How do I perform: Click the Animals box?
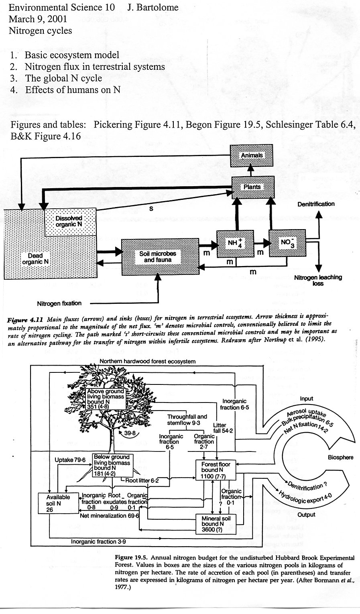[x=251, y=155]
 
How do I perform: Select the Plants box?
[x=253, y=187]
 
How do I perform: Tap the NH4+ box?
[x=235, y=244]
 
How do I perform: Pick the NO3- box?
[x=287, y=243]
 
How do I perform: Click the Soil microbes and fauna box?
[x=161, y=256]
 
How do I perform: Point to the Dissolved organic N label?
[x=69, y=221]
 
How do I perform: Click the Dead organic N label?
[x=35, y=259]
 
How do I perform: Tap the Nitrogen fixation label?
[x=59, y=303]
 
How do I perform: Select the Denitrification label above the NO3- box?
[x=316, y=204]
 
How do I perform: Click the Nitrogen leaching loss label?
[x=318, y=280]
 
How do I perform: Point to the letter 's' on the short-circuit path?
[x=151, y=209]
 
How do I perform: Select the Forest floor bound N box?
[x=216, y=470]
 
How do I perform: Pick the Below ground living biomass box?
[x=112, y=465]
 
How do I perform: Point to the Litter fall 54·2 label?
[x=223, y=428]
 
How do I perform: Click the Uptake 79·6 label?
[x=70, y=459]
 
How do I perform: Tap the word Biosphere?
[x=340, y=457]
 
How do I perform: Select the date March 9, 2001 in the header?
[x=38, y=19]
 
